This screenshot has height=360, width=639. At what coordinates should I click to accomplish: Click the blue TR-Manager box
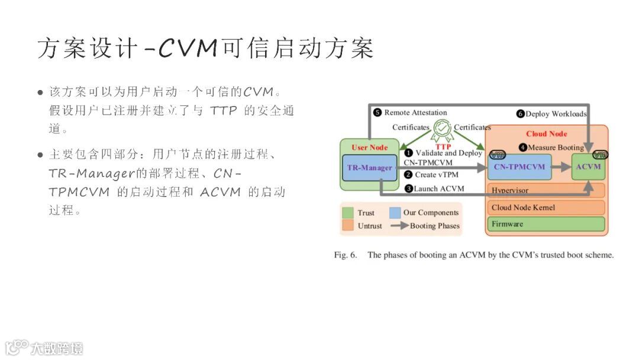click(369, 168)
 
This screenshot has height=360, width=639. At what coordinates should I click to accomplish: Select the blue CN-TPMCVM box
click(519, 167)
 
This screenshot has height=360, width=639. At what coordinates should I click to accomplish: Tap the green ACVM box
click(588, 167)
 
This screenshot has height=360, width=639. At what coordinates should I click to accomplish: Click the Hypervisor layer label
click(510, 191)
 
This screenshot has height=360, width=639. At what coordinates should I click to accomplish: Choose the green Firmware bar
click(547, 224)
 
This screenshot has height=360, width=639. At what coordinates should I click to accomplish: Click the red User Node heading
click(369, 147)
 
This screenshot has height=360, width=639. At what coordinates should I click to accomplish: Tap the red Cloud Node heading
click(546, 134)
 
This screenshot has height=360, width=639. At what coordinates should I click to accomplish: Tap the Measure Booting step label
click(555, 147)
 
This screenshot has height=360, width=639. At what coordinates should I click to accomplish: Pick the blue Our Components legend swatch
click(395, 213)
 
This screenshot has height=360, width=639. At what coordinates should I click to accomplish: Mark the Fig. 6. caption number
click(346, 255)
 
